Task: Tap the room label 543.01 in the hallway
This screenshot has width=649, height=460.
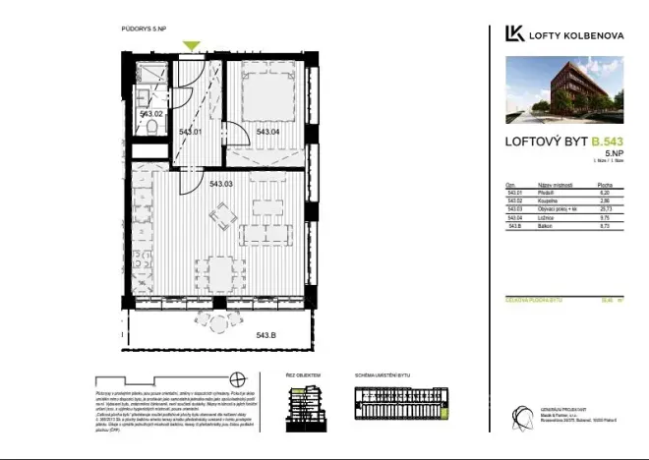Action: pyautogui.click(x=189, y=132)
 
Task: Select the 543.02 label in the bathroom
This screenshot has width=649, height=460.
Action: pyautogui.click(x=150, y=115)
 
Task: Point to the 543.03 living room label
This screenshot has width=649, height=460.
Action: pyautogui.click(x=221, y=184)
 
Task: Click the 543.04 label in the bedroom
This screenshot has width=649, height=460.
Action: pyautogui.click(x=269, y=132)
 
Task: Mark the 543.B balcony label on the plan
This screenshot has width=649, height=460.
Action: pyautogui.click(x=265, y=336)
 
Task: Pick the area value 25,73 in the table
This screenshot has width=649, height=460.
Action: pyautogui.click(x=606, y=209)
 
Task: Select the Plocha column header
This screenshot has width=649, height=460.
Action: pyautogui.click(x=606, y=184)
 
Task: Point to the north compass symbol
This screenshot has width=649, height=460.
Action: pyautogui.click(x=236, y=379)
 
